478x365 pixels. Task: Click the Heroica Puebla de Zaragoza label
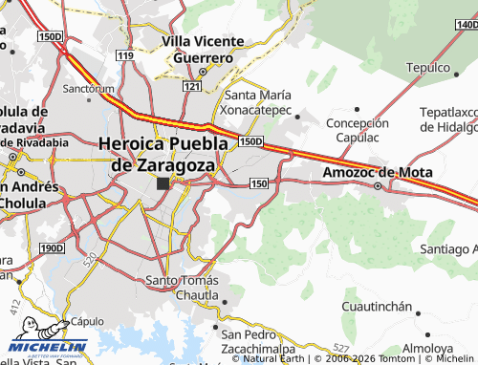click(163, 153)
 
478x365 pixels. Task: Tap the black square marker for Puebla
click(163, 182)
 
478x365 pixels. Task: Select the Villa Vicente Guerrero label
click(199, 49)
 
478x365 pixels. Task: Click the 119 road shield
click(125, 55)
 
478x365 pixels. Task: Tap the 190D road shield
click(52, 248)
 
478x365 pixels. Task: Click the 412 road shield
click(15, 307)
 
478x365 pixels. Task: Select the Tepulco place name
click(427, 67)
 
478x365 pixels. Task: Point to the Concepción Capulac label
click(358, 131)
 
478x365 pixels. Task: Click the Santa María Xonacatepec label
click(262, 102)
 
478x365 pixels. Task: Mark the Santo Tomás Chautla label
click(182, 288)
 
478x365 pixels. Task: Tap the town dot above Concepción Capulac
click(358, 111)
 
